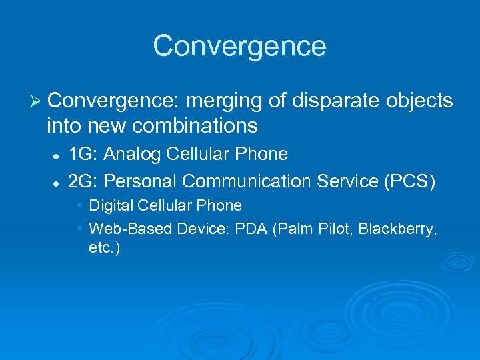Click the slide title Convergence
point(239,46)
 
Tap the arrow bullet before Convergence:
point(37,101)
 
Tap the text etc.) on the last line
point(104,249)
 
